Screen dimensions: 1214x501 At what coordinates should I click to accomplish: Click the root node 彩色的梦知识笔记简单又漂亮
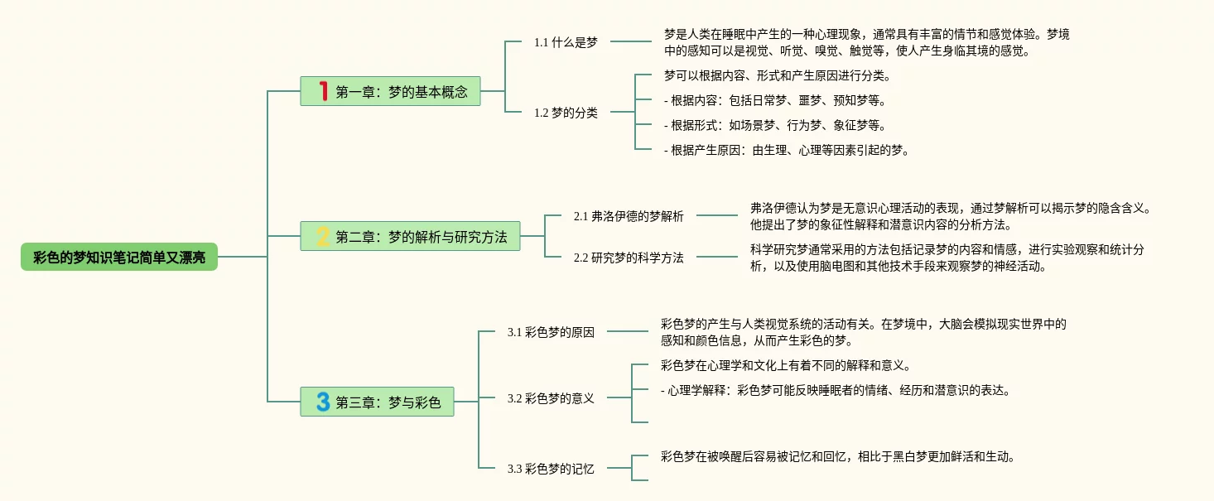click(119, 257)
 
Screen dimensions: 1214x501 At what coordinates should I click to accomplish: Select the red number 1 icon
click(324, 91)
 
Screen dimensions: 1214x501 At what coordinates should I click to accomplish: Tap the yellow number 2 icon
click(323, 236)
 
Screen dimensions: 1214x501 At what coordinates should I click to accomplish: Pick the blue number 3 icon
click(323, 402)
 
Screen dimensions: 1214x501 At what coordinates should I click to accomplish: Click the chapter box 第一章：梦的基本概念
click(390, 91)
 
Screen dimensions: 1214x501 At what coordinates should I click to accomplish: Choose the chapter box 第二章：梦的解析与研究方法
click(410, 236)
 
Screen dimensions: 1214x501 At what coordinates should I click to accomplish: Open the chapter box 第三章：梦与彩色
click(378, 402)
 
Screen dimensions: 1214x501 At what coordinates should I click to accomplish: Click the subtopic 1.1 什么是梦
click(566, 42)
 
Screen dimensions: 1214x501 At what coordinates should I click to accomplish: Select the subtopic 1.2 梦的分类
click(566, 113)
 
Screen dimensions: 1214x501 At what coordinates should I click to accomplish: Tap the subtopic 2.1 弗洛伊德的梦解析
click(629, 216)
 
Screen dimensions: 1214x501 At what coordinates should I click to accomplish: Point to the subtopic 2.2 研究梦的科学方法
click(629, 258)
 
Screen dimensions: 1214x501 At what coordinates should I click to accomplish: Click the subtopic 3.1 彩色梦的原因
click(551, 332)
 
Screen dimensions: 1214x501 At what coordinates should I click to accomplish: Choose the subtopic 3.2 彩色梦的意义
click(551, 398)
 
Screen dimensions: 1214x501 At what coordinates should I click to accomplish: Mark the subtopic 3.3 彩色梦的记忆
click(551, 469)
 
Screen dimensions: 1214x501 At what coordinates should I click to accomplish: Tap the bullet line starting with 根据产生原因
click(787, 150)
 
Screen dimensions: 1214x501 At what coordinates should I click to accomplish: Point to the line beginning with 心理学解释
click(836, 390)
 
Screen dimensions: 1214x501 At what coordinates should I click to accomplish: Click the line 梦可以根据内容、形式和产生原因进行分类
click(778, 75)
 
